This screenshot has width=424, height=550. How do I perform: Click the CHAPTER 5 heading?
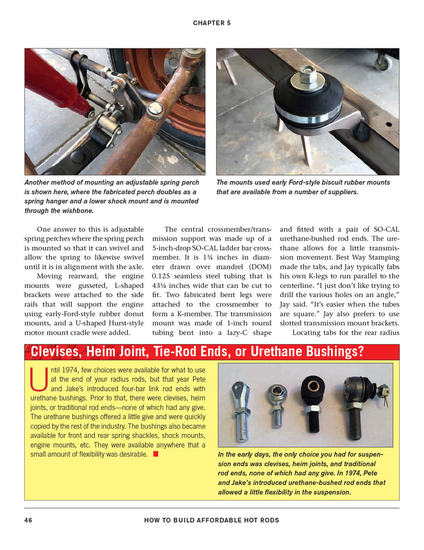[211, 23]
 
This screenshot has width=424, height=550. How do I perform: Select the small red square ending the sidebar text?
[156, 454]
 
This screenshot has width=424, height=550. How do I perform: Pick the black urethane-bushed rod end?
[313, 400]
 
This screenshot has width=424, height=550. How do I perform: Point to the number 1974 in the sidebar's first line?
[69, 370]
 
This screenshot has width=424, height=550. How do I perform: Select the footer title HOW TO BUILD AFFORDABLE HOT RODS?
[211, 520]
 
